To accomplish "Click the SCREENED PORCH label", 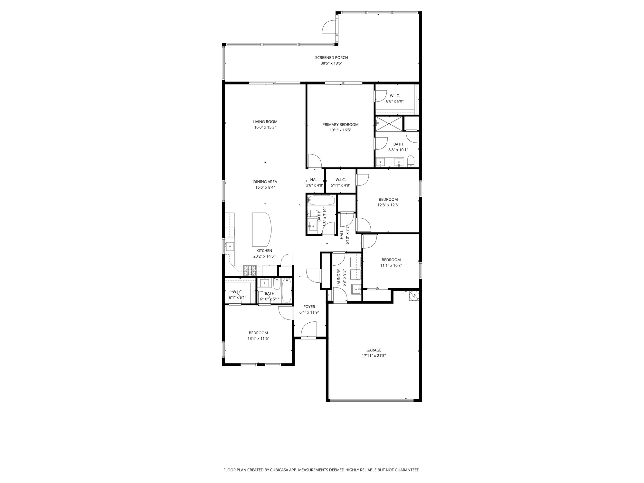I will pyautogui.click(x=331, y=58).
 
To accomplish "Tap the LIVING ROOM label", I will pyautogui.click(x=265, y=122).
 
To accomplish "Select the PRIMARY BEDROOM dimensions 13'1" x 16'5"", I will pyautogui.click(x=340, y=130).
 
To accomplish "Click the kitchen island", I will pyautogui.click(x=261, y=229).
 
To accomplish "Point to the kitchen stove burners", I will pyautogui.click(x=250, y=270).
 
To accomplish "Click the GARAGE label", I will pyautogui.click(x=374, y=350).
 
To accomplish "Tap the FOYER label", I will pyautogui.click(x=309, y=307).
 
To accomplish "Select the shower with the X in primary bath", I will pyautogui.click(x=389, y=124).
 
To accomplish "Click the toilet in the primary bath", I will pyautogui.click(x=411, y=161).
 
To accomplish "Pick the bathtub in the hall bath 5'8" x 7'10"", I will pyautogui.click(x=321, y=200).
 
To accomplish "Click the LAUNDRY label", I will pyautogui.click(x=339, y=278).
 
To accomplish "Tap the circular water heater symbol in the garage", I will pyautogui.click(x=414, y=295).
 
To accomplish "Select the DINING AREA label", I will pyautogui.click(x=265, y=182).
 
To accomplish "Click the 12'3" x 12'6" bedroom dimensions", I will pyautogui.click(x=388, y=205).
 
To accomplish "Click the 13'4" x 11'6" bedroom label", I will pyautogui.click(x=258, y=333).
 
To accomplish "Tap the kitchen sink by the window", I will pyautogui.click(x=230, y=247).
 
